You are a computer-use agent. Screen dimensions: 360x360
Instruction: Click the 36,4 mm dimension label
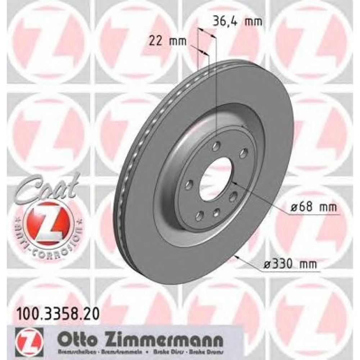(236, 21)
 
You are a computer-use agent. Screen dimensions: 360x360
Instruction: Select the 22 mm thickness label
(168, 41)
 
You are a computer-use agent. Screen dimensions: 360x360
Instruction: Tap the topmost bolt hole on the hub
(216, 146)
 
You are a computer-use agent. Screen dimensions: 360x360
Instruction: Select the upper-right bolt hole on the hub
(244, 153)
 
